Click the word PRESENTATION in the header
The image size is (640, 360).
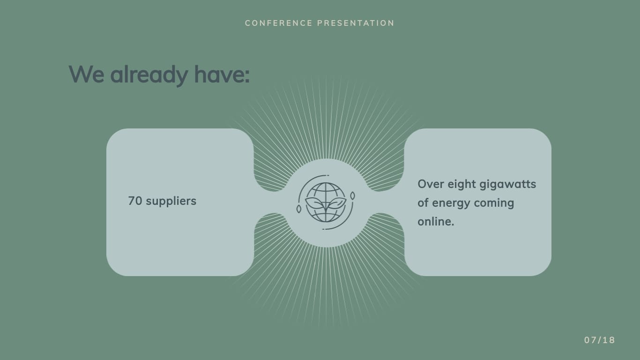(356, 23)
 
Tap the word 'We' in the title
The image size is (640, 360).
(86, 74)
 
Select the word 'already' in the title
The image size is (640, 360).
(149, 74)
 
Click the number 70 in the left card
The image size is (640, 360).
(135, 201)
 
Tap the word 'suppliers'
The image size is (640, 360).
(171, 201)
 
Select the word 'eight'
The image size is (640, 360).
(461, 184)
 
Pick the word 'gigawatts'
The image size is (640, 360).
(507, 184)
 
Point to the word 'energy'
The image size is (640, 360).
(451, 203)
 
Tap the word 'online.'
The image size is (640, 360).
(436, 221)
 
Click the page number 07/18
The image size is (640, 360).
(599, 340)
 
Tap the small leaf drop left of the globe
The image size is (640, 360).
(299, 209)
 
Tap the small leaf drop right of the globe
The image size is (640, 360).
(353, 195)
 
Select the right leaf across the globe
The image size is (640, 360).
(337, 203)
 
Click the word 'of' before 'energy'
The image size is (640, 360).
(423, 203)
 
